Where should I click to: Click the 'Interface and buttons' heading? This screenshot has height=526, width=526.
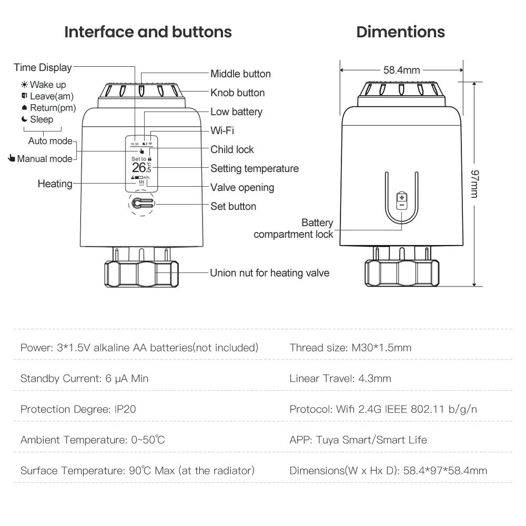(x=148, y=32)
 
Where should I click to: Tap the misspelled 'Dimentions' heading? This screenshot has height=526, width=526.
(x=400, y=32)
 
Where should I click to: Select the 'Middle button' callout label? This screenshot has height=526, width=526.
(x=240, y=74)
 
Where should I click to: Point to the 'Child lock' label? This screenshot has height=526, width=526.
(x=232, y=150)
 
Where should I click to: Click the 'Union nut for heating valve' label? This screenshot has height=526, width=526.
(x=269, y=273)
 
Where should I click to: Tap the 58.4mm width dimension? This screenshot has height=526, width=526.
(x=401, y=70)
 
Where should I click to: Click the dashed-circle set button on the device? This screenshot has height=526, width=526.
(x=140, y=204)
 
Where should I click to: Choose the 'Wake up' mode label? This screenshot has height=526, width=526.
(x=47, y=85)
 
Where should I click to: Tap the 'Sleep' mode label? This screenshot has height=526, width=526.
(x=41, y=119)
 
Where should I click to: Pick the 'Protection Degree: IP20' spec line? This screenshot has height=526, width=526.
(x=78, y=409)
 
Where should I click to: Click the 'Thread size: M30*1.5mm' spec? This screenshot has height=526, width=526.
(x=350, y=348)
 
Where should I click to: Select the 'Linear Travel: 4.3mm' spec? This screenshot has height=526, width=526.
(x=340, y=379)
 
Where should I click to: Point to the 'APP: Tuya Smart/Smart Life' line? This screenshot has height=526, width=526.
(x=358, y=440)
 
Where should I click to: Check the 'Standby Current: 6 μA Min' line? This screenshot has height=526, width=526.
(x=84, y=379)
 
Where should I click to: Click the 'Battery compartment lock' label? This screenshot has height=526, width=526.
(x=294, y=229)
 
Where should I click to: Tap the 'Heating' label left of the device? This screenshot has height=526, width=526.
(x=55, y=184)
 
